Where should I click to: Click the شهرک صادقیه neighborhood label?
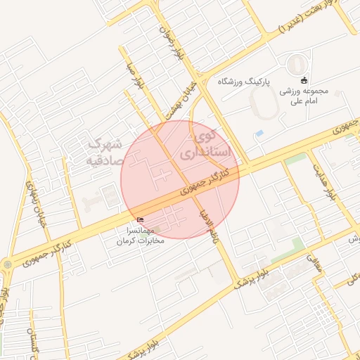(104, 152)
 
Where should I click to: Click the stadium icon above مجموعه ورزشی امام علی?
(304, 79)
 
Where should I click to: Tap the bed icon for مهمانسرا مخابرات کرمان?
(139, 219)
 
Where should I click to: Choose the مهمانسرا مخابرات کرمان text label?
(139, 235)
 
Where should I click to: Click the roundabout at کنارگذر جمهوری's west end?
(7, 264)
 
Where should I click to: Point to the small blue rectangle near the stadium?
(259, 133)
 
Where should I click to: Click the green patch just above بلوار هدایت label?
(295, 159)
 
